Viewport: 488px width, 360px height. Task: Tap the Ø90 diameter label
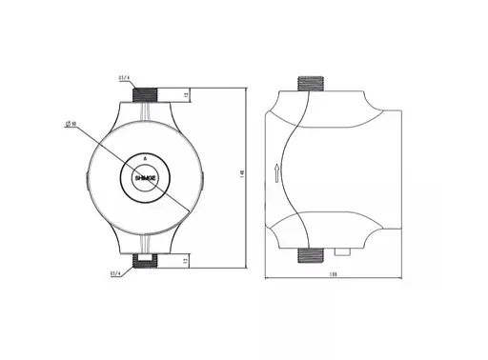(71, 125)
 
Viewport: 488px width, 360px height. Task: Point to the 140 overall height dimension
(245, 174)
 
